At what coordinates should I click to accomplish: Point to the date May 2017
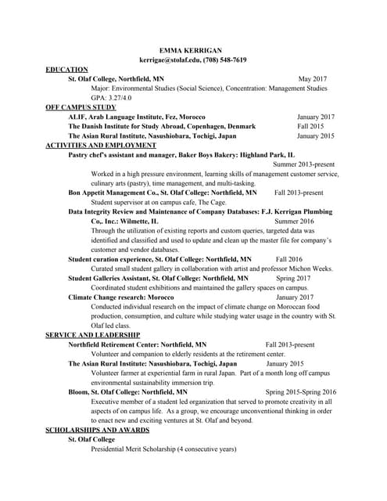click(313, 79)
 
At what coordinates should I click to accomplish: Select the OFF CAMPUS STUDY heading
click(81, 107)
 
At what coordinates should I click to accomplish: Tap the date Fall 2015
click(310, 126)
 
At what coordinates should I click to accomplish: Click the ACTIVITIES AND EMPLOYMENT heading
click(101, 145)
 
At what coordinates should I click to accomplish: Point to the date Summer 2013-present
click(303, 164)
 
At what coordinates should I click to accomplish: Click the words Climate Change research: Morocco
click(120, 297)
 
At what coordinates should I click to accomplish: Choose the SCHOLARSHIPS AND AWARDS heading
click(97, 431)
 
